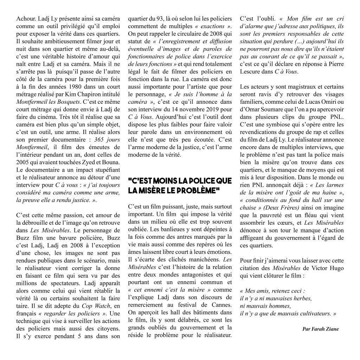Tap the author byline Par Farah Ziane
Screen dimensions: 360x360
pyautogui.click(x=320, y=329)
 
